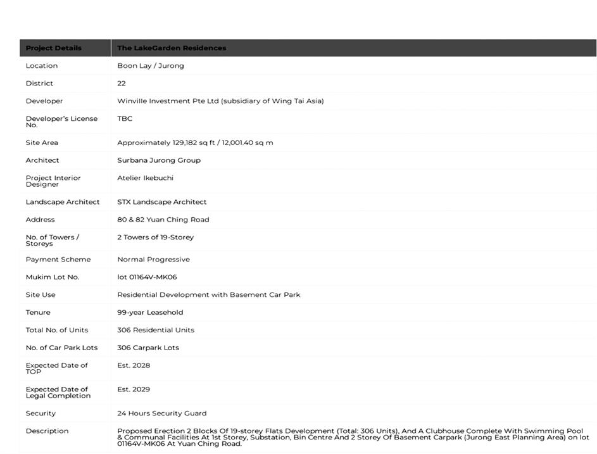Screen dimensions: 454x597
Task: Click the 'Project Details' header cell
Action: tap(54, 48)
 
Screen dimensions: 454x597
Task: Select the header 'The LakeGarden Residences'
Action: tap(172, 48)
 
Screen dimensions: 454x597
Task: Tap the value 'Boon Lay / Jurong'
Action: tap(151, 66)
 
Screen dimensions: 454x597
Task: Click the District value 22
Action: tap(122, 84)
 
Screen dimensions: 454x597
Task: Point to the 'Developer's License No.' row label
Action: tap(61, 122)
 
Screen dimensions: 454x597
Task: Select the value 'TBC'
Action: tap(125, 118)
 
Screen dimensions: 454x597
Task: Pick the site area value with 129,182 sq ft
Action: tap(195, 143)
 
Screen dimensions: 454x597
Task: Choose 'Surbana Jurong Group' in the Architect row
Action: tap(159, 161)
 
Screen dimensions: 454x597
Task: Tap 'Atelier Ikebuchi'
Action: tap(145, 178)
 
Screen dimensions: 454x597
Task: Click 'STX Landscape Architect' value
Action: tap(162, 202)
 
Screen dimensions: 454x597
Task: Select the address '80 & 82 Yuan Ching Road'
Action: tap(163, 220)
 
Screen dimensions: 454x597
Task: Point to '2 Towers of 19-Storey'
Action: tap(156, 237)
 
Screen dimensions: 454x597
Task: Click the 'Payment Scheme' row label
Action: tap(58, 260)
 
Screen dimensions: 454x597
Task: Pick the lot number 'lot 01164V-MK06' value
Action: tap(147, 277)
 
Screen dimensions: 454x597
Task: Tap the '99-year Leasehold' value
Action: tap(150, 313)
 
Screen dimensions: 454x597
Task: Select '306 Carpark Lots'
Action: tap(148, 348)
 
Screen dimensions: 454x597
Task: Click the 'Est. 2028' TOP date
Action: tap(134, 365)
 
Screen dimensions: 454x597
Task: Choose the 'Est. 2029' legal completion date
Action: tap(134, 389)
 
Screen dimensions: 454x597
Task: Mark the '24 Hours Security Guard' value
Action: tap(162, 413)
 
